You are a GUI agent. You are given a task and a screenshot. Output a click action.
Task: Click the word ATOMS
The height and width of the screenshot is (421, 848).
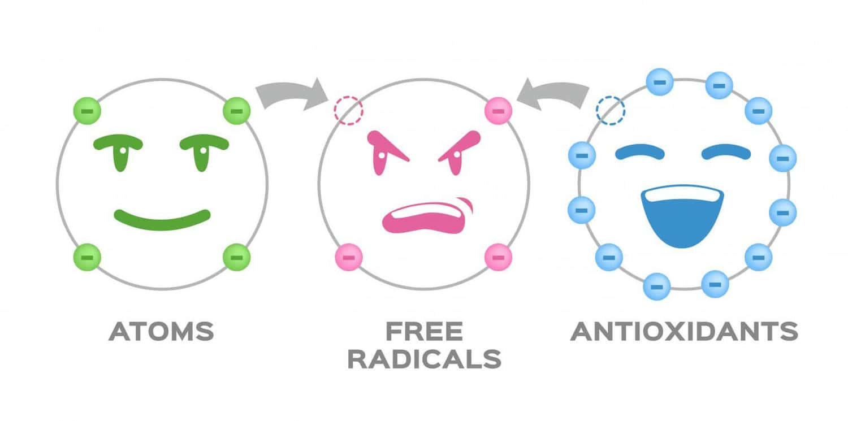click(x=161, y=331)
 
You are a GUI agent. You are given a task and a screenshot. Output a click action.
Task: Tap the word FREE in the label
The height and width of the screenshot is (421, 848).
click(x=424, y=331)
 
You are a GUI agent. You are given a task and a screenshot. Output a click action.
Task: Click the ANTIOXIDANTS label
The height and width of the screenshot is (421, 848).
click(x=684, y=331)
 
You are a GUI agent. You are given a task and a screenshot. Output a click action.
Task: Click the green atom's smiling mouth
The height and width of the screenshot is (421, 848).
click(x=162, y=220)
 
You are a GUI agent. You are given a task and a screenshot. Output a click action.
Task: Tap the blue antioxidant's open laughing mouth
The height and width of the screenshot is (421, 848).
click(x=682, y=216)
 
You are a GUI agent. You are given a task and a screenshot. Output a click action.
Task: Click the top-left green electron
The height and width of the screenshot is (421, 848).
click(x=87, y=111)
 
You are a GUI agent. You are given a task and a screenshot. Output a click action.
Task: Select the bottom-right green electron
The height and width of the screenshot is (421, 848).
click(x=237, y=257)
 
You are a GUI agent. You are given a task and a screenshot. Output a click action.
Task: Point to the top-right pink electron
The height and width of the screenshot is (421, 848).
click(x=498, y=111)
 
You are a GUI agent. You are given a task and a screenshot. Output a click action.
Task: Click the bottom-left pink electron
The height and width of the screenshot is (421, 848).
click(x=349, y=257)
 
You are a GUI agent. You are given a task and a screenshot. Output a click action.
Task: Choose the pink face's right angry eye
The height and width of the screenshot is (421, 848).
click(x=458, y=152)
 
